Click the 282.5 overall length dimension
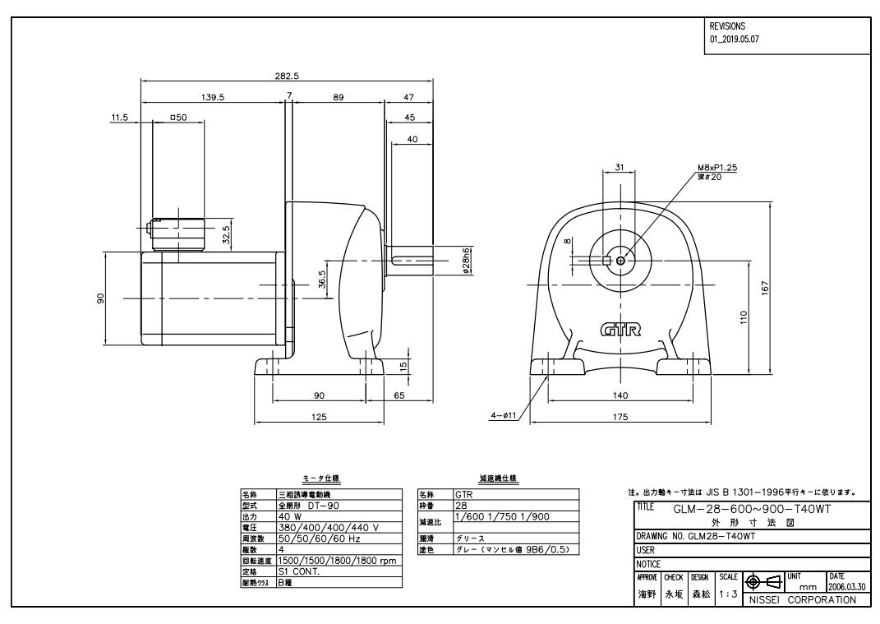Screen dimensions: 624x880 (x=286, y=76)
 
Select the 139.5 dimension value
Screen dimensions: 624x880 (x=213, y=97)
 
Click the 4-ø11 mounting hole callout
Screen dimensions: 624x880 (x=503, y=415)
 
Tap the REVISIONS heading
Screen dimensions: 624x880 (x=726, y=25)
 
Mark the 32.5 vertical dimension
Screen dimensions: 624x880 (x=227, y=235)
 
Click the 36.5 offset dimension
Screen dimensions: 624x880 (x=322, y=280)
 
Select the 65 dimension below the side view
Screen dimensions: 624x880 (x=400, y=395)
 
